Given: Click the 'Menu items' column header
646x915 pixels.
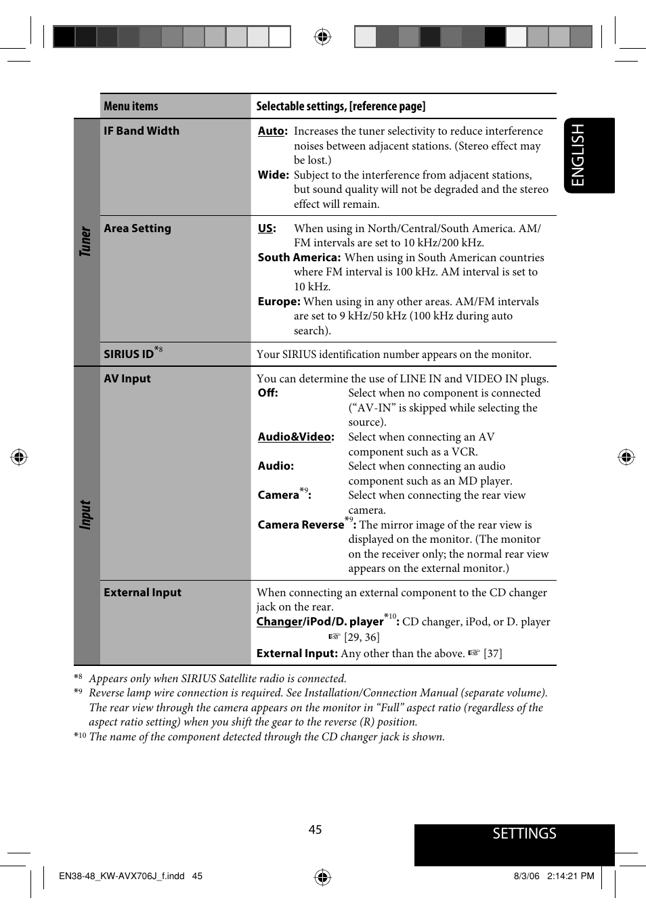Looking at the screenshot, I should pyautogui.click(x=131, y=106).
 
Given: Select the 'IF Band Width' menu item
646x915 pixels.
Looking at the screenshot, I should pyautogui.click(x=142, y=131).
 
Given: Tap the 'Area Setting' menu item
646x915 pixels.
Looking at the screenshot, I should pyautogui.click(x=137, y=228).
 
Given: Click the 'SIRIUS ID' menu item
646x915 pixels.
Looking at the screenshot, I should pyautogui.click(x=129, y=354).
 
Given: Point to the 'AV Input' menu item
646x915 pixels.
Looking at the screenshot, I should pyautogui.click(x=127, y=378).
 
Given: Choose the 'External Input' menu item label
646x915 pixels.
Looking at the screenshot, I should pyautogui.click(x=142, y=592).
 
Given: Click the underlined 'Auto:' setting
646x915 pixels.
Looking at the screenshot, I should pyautogui.click(x=272, y=131).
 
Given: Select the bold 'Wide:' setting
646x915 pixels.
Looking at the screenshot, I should pyautogui.click(x=273, y=175).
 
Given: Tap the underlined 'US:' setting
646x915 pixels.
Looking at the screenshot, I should pyautogui.click(x=267, y=228).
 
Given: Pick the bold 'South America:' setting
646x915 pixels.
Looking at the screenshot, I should pyautogui.click(x=299, y=257).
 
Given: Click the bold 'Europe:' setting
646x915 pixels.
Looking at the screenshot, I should pyautogui.click(x=278, y=301).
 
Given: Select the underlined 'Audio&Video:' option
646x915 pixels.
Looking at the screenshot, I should pyautogui.click(x=296, y=437).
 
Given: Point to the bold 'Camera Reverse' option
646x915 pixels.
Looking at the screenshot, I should pyautogui.click(x=301, y=525).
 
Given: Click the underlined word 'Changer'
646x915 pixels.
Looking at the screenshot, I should pyautogui.click(x=279, y=621).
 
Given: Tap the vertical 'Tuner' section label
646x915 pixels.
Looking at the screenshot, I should pyautogui.click(x=85, y=242).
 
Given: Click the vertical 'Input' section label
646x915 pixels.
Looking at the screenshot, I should pyautogui.click(x=85, y=514).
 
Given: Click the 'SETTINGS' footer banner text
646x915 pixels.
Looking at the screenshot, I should pyautogui.click(x=524, y=833).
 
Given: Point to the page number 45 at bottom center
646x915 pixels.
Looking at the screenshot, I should pyautogui.click(x=315, y=830).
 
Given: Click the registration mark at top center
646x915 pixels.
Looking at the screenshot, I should pyautogui.click(x=322, y=37).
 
